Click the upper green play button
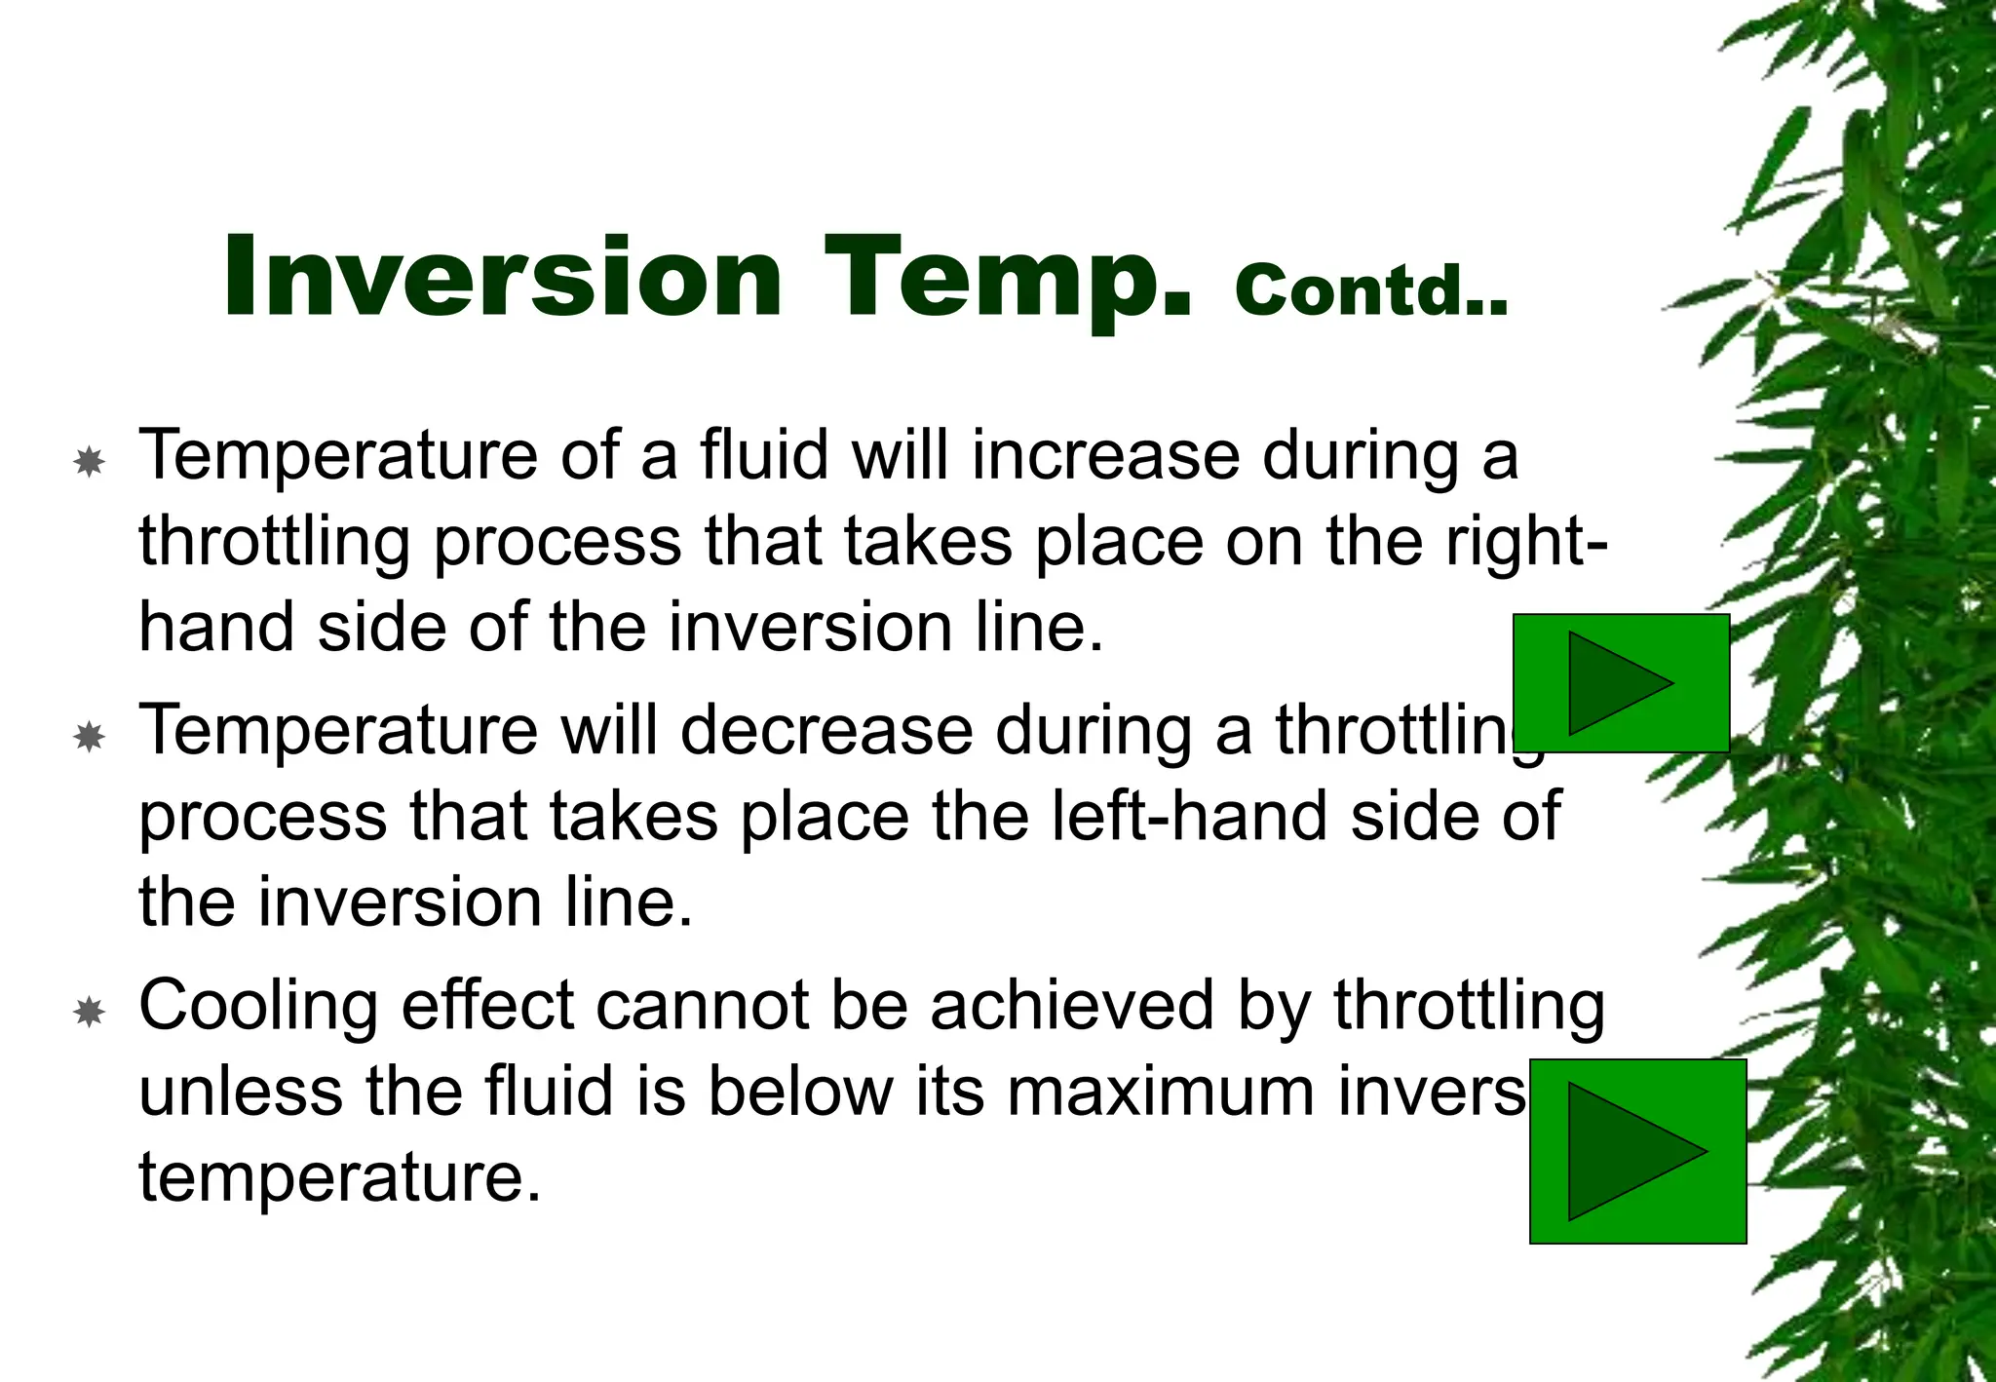click(x=1621, y=682)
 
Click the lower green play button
click(x=1637, y=1151)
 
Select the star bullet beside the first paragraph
click(x=90, y=461)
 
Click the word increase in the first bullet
click(x=1106, y=455)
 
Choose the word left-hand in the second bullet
click(x=1189, y=816)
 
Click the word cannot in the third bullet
click(x=702, y=1006)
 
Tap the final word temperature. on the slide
click(x=339, y=1177)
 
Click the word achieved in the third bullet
click(x=1071, y=1006)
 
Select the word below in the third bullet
click(x=800, y=1092)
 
